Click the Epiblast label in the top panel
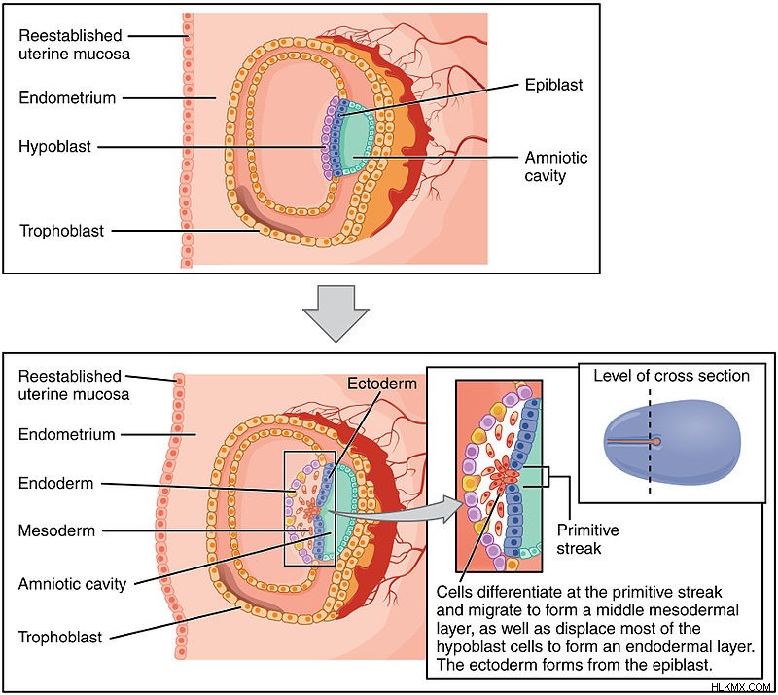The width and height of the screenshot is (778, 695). click(x=553, y=85)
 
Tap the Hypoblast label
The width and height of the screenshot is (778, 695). click(x=55, y=147)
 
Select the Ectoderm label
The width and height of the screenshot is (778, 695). click(x=381, y=384)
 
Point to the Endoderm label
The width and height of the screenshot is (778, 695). click(x=56, y=483)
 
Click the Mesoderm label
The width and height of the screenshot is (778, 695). click(x=56, y=530)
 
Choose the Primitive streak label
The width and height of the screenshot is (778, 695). click(x=587, y=539)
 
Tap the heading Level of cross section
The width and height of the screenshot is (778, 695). click(x=671, y=376)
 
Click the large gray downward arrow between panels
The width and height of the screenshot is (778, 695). click(x=336, y=313)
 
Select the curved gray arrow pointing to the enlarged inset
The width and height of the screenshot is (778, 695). click(x=392, y=511)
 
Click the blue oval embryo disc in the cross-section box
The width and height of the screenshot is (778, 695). click(x=673, y=442)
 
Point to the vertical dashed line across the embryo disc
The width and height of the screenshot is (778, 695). click(x=650, y=442)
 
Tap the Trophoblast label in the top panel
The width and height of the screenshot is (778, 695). click(x=62, y=231)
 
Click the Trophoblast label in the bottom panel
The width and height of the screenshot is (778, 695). click(x=60, y=637)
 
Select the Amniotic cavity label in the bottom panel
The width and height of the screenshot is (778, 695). click(x=72, y=584)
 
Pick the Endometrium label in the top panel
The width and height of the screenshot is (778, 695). click(x=67, y=98)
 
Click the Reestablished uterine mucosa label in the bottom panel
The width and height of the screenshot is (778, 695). click(x=74, y=385)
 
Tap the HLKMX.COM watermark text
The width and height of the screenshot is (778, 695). click(x=741, y=687)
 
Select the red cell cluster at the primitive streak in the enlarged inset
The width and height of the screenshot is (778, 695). click(x=504, y=475)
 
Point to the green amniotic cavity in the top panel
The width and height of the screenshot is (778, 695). click(x=356, y=141)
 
